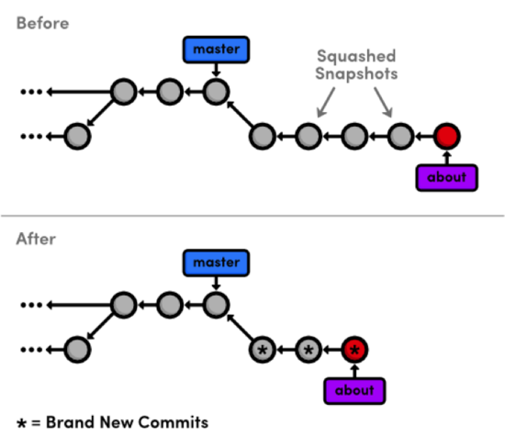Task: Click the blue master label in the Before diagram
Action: tap(215, 50)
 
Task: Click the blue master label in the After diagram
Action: tap(215, 263)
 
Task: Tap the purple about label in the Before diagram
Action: tap(446, 177)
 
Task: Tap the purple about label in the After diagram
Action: tap(354, 390)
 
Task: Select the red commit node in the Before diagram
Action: tap(446, 138)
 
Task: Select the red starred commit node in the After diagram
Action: tap(354, 350)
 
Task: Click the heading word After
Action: tap(37, 240)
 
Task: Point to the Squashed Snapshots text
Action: tap(355, 63)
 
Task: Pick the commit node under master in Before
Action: tap(215, 92)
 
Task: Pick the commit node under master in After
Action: tap(215, 304)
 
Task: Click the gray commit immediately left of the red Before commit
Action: tap(399, 138)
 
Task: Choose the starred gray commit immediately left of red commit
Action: tap(309, 350)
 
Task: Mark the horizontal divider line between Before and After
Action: tap(252, 217)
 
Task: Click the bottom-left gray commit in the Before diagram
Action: tap(78, 138)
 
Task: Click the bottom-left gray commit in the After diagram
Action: tap(78, 350)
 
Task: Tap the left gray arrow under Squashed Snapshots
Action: tap(323, 104)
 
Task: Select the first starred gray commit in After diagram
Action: tap(263, 350)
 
